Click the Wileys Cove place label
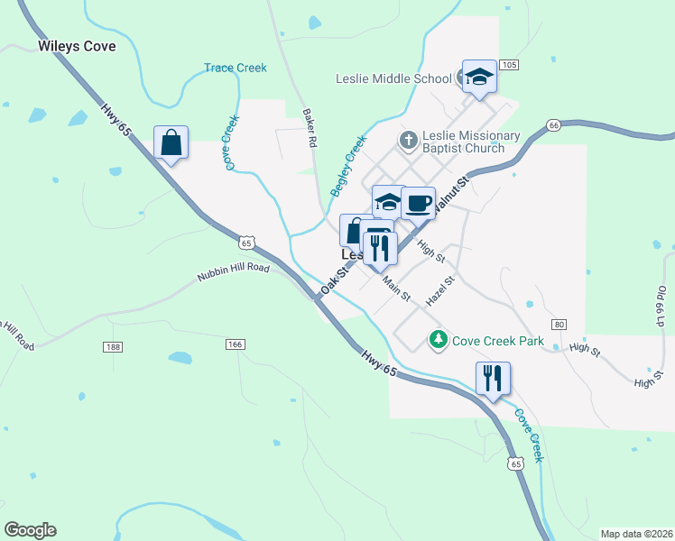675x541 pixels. tap(78, 46)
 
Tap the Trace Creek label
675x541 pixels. tap(236, 68)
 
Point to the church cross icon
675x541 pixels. tap(408, 140)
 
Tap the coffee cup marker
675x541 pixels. tap(418, 204)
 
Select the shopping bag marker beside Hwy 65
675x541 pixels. tap(171, 142)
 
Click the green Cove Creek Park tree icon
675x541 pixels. tap(438, 340)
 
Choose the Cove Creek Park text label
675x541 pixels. tap(498, 341)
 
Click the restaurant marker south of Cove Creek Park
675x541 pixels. tap(493, 378)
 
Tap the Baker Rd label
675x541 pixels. tap(310, 130)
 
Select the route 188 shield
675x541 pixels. tap(113, 347)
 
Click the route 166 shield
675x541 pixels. tap(236, 344)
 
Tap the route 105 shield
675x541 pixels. tap(510, 65)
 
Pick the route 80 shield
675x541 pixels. tap(559, 325)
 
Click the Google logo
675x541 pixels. tap(30, 530)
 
